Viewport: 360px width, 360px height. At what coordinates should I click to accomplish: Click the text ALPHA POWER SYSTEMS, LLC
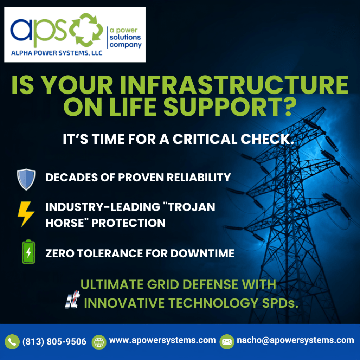[x=57, y=53]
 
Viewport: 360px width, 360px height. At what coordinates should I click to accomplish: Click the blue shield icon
[x=26, y=179]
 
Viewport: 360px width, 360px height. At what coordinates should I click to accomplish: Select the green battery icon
[x=28, y=252]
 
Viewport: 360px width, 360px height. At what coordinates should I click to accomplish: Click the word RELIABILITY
[x=199, y=178]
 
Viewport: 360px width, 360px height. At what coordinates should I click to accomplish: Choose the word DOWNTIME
[x=202, y=253]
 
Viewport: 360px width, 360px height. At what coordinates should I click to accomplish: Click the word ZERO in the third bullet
[x=60, y=253]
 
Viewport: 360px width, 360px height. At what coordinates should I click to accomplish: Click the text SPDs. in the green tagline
[x=280, y=303]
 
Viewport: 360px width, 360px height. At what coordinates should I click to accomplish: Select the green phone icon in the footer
[x=12, y=342]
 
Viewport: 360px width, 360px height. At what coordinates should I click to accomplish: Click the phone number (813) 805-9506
[x=54, y=342]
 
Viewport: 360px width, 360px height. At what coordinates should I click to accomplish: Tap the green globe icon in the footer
[x=99, y=342]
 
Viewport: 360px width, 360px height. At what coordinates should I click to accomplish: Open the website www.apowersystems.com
[x=162, y=340]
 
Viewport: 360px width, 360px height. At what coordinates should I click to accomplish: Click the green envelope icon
[x=227, y=342]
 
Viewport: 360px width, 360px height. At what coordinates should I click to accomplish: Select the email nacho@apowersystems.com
[x=295, y=340]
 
